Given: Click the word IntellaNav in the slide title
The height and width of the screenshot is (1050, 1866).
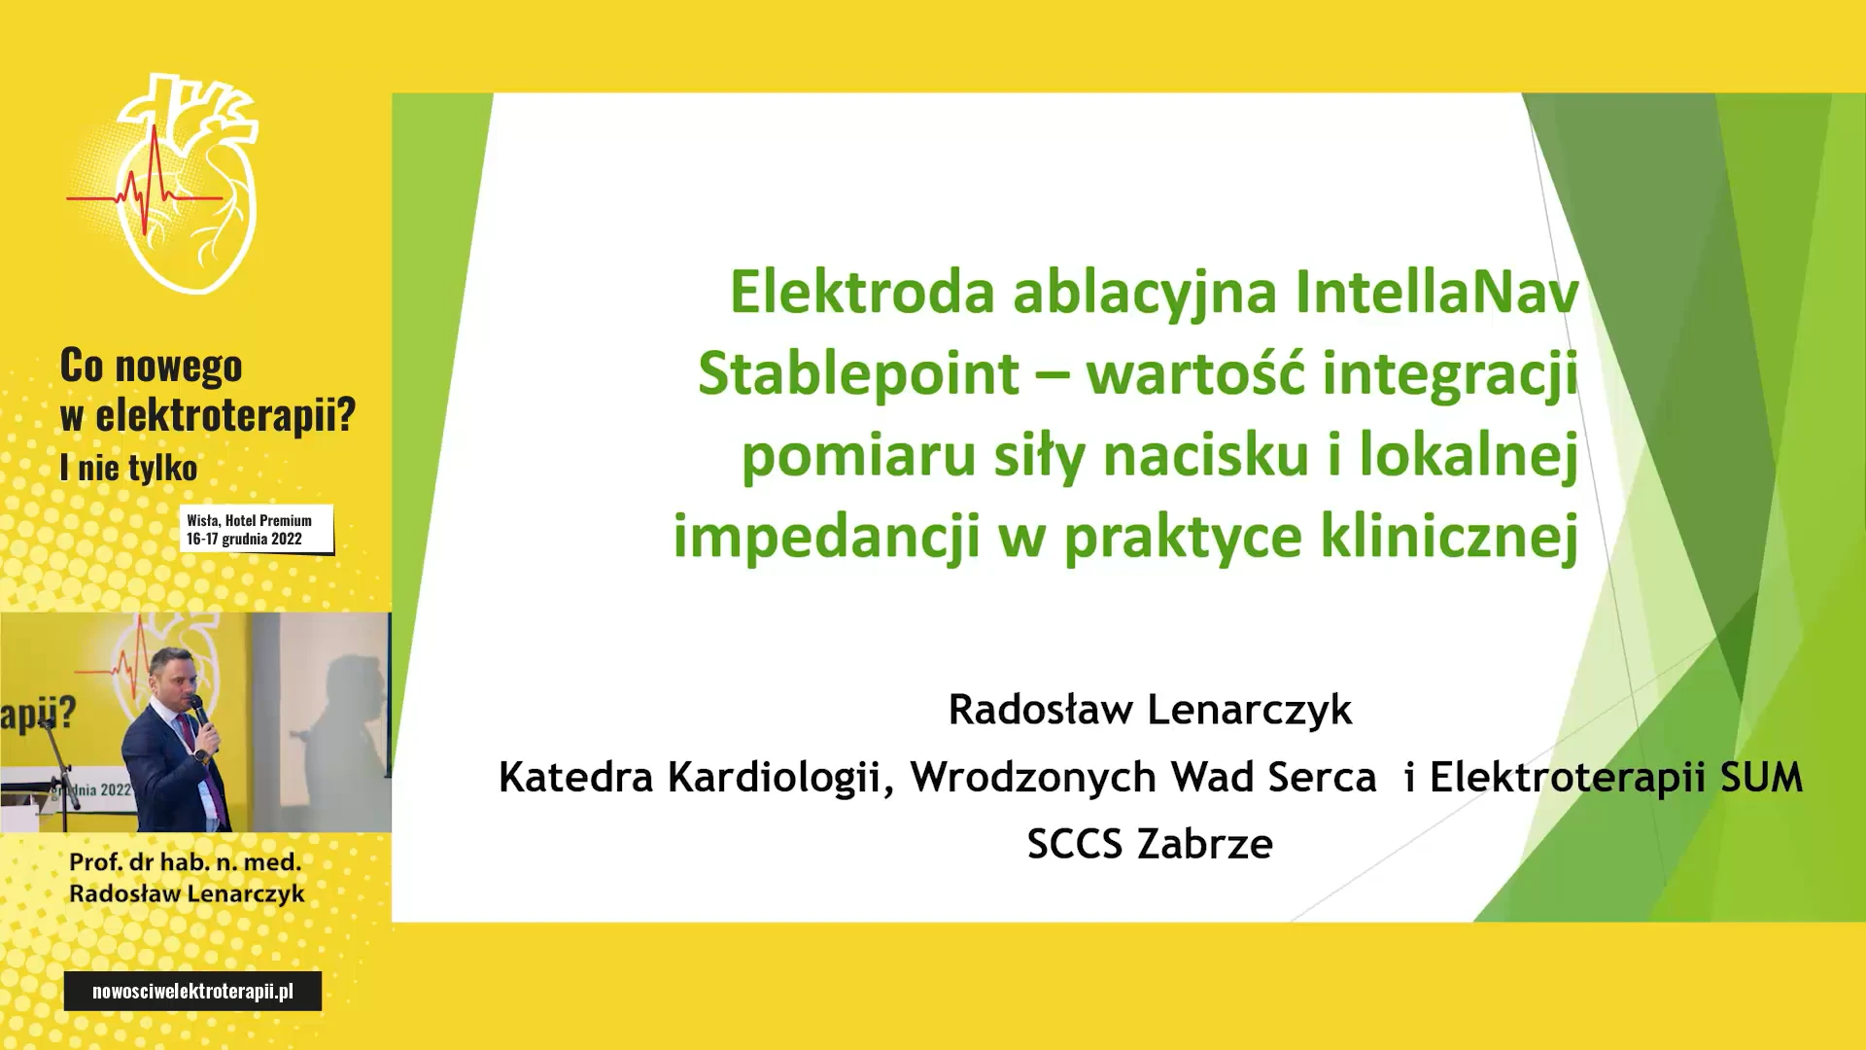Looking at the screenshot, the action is tap(1436, 292).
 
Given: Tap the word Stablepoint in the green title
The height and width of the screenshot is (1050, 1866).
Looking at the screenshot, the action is tap(858, 374).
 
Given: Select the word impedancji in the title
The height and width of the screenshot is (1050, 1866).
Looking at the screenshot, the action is tap(826, 537).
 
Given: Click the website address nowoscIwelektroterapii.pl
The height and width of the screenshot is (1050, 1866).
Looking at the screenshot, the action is tap(192, 991).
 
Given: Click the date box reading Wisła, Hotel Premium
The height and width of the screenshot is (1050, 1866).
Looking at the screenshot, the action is tap(257, 529).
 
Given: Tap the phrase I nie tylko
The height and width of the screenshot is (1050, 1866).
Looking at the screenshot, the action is tap(128, 468).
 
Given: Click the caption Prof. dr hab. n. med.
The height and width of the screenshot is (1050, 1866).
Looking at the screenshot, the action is tap(186, 862).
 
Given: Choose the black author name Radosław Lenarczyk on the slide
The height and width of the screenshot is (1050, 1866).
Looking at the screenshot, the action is tap(1150, 710).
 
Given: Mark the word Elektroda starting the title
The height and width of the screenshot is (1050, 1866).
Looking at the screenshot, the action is tap(863, 292).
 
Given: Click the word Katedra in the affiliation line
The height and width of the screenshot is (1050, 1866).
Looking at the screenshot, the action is tap(575, 778).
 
